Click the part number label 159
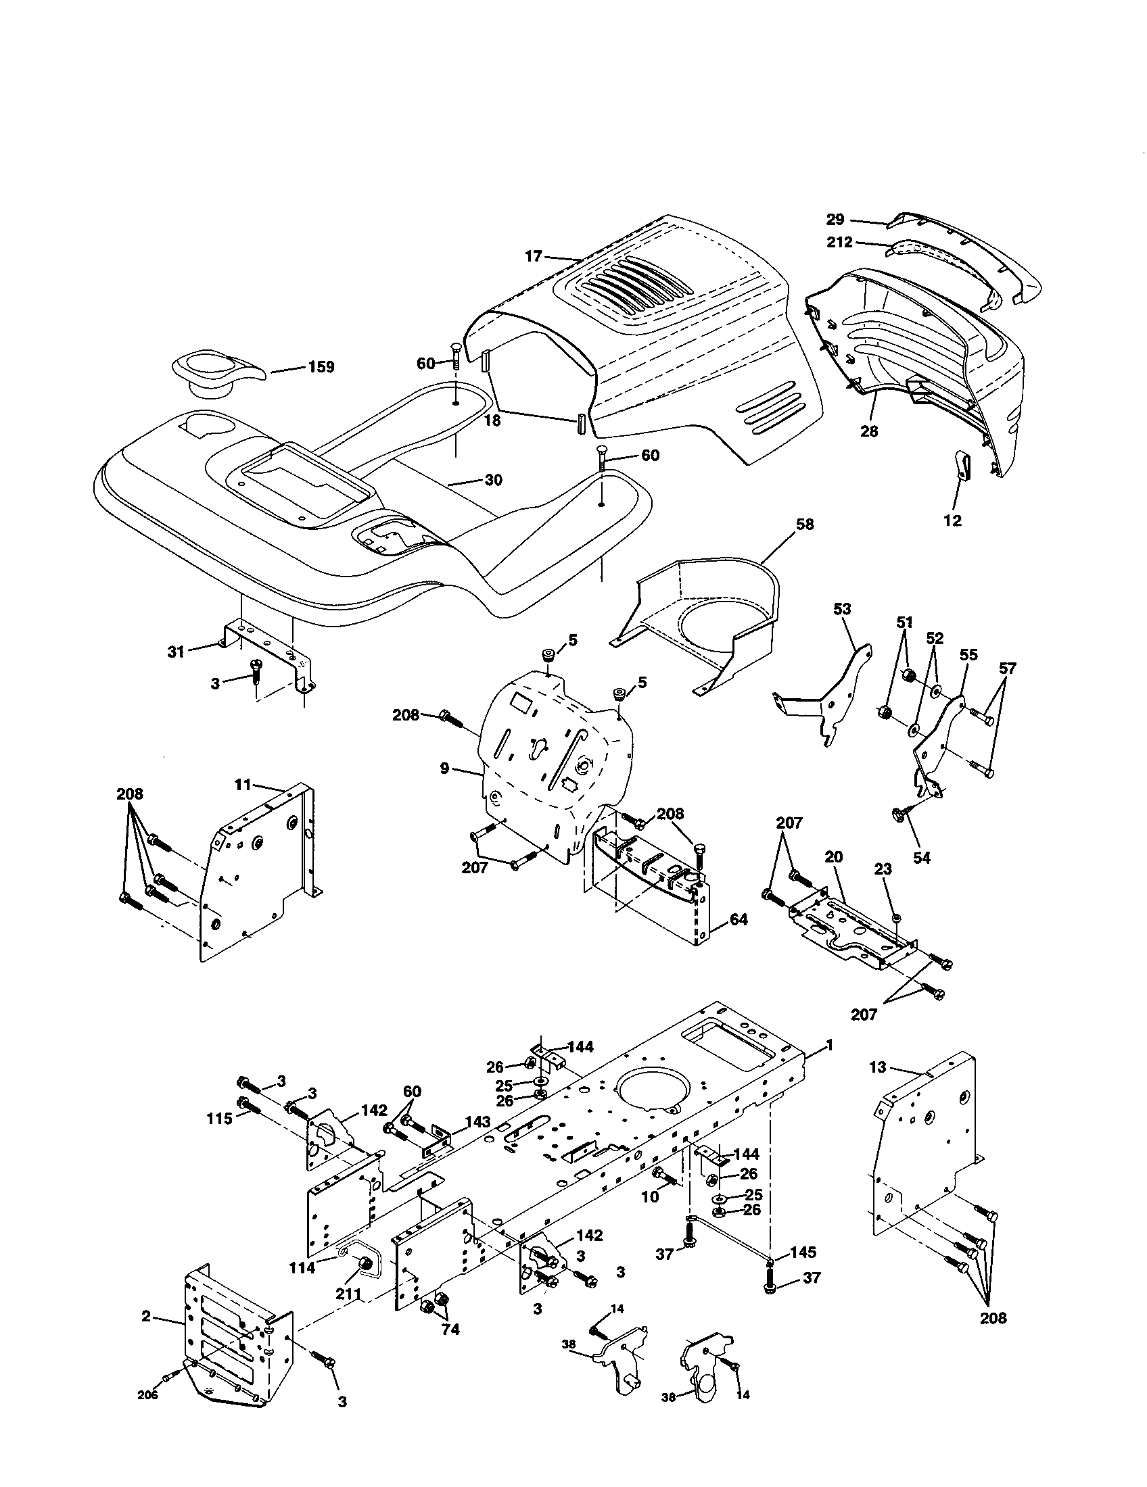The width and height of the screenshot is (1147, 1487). (x=321, y=367)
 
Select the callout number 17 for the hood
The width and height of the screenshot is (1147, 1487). (x=534, y=256)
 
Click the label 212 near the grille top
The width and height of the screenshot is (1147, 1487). (x=840, y=242)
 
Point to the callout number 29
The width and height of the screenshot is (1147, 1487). (x=835, y=219)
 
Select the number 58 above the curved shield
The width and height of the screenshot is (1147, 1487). (x=804, y=525)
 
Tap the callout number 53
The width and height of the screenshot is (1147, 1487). (x=843, y=609)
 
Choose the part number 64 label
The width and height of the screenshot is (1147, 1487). (x=738, y=919)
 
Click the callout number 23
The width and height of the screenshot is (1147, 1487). (x=883, y=869)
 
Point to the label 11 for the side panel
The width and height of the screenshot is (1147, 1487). (x=243, y=784)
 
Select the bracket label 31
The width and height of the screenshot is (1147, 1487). (x=176, y=652)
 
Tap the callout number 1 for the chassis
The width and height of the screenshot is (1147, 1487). (x=829, y=1045)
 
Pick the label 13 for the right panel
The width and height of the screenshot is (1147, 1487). (x=878, y=1067)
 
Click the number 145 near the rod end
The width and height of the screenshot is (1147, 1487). (x=802, y=1252)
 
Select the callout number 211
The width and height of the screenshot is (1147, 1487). (x=348, y=1293)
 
